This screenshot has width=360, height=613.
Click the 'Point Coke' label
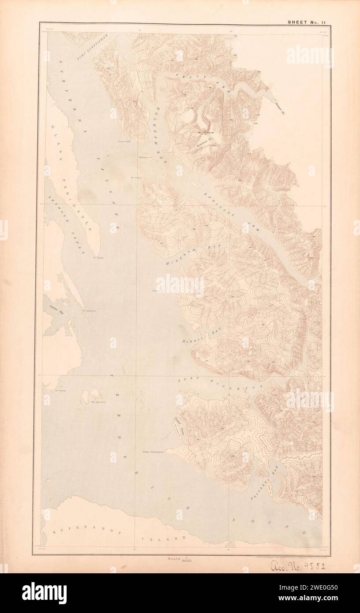click(125, 142)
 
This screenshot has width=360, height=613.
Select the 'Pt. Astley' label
click(135, 178)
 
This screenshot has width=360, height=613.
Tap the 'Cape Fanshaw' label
click(153, 452)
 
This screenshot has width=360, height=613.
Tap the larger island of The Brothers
click(95, 394)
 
